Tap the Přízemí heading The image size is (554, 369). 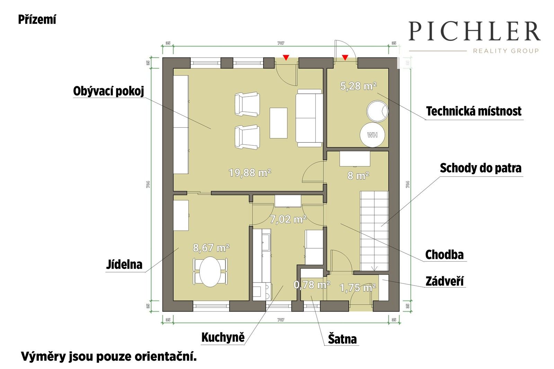point(37,20)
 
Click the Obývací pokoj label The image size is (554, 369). point(108,91)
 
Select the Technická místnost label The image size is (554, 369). point(474,111)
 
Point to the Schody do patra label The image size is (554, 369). point(481,168)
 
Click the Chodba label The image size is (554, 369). point(444,255)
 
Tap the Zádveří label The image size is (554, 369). point(445,281)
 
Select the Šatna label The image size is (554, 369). point(342,339)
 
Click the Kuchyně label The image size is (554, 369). point(223,337)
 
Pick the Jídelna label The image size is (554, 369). point(124,265)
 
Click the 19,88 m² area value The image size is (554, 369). point(250,172)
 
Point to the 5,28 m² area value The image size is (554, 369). point(358,86)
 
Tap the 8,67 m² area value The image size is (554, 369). point(211,248)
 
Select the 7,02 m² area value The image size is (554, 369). point(288,219)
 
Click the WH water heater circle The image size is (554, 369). point(373,135)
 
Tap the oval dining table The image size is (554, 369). point(210,272)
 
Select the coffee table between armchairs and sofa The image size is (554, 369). point(278,123)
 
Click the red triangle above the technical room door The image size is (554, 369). point(345,57)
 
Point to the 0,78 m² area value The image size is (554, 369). point(312,285)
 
